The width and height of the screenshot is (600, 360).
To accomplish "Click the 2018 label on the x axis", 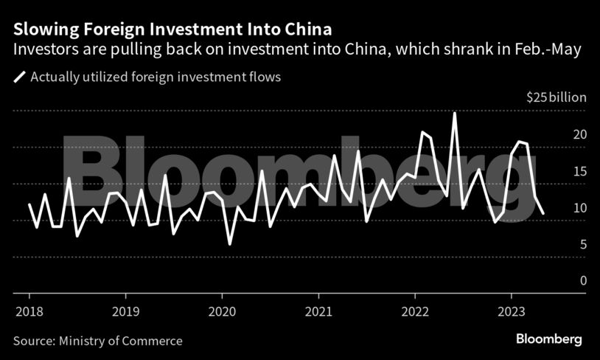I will point(29,311).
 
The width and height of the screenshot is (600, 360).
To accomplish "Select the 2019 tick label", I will point(126,311).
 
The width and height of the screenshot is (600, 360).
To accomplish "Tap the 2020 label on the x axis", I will point(223,311).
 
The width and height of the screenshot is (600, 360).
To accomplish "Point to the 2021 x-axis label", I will point(318,311).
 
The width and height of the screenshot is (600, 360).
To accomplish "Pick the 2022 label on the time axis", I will point(415,311).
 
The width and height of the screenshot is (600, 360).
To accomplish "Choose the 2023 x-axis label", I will point(512,311).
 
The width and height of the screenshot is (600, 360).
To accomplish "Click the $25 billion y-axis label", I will point(556,97).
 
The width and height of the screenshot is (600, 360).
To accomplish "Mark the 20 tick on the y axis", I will point(579,134).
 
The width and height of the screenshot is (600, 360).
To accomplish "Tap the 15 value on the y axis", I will point(579,171).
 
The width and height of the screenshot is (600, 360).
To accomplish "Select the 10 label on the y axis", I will point(579,208).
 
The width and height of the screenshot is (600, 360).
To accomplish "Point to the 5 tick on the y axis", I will point(582,244).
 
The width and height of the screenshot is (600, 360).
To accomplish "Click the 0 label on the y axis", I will point(582,281).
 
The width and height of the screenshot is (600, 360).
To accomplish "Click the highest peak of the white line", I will point(455,113).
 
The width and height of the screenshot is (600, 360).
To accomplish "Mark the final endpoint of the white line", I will point(543,213).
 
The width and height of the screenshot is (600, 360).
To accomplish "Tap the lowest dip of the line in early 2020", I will point(230,243).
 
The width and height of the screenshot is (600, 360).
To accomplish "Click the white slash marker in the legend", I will point(19,77).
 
